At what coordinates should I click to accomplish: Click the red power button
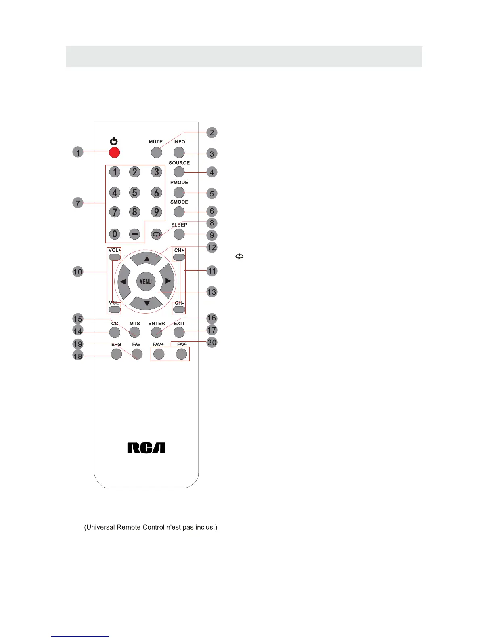(x=115, y=152)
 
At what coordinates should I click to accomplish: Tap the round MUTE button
(x=157, y=152)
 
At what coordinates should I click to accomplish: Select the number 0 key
(x=115, y=234)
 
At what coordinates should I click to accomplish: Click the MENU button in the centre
(x=145, y=282)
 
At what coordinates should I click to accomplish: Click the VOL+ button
(x=114, y=257)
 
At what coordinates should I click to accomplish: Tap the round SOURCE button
(x=179, y=172)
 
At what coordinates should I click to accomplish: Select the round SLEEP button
(x=179, y=234)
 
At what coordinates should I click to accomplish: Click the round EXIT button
(x=179, y=332)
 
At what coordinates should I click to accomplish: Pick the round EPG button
(x=116, y=354)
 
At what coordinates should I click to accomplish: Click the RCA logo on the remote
(x=146, y=448)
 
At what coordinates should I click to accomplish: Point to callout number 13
(x=211, y=292)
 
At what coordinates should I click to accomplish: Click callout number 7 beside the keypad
(x=78, y=202)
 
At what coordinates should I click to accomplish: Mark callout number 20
(x=211, y=342)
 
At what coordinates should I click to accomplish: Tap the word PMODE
(x=179, y=183)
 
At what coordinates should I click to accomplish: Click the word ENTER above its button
(x=157, y=324)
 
